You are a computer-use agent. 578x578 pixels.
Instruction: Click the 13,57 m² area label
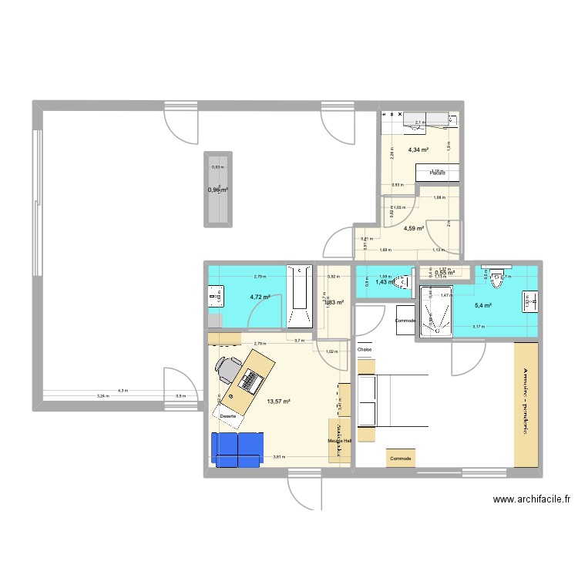tap(277, 402)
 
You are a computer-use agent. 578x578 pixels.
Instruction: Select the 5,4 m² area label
tap(483, 306)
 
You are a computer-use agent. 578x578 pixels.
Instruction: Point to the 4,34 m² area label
tap(418, 150)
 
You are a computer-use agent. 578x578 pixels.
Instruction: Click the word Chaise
tap(365, 350)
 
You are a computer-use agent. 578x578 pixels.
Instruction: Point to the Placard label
tap(439, 173)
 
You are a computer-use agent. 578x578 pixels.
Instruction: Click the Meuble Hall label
tap(339, 441)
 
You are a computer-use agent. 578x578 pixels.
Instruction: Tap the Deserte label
tap(227, 416)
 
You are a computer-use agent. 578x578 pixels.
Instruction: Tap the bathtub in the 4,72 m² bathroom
tap(297, 297)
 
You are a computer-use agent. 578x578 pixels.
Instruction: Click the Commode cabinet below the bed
tap(400, 458)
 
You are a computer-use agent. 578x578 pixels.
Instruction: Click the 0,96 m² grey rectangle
tap(217, 189)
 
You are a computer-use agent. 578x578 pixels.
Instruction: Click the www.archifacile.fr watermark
tap(532, 499)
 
